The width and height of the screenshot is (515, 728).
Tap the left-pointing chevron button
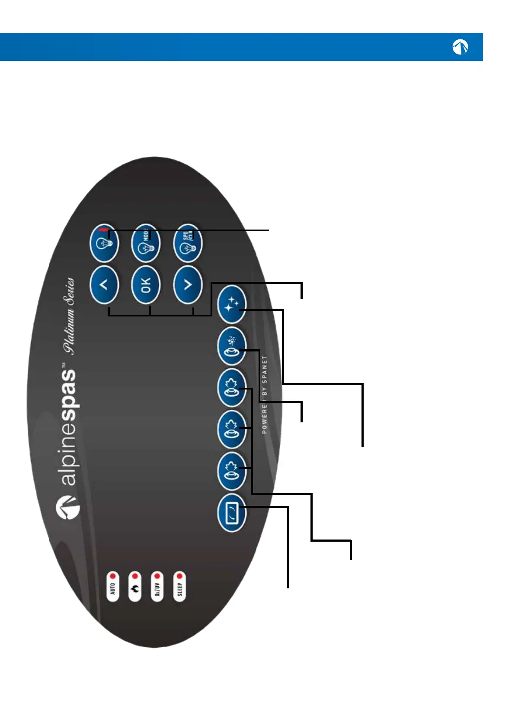coord(104,285)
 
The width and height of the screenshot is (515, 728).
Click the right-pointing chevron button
coord(188,285)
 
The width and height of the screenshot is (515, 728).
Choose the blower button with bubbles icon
coord(232,346)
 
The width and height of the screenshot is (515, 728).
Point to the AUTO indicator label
coord(113,588)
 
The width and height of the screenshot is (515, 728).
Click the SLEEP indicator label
coord(180,588)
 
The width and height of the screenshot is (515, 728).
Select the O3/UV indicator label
coord(157,588)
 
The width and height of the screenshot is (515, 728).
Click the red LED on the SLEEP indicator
coord(179,576)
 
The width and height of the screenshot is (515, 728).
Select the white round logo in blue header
coord(460,47)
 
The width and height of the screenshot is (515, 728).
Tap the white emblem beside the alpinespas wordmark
coord(68,508)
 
